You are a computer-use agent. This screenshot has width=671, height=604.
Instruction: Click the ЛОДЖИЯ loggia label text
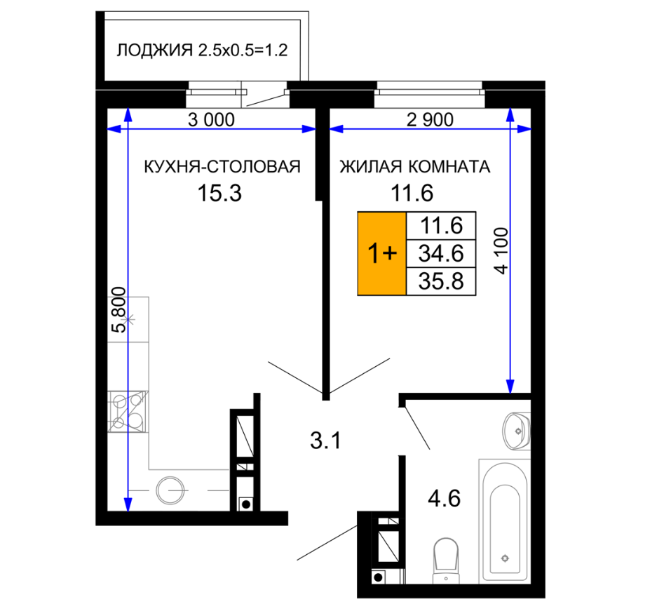[x=154, y=50]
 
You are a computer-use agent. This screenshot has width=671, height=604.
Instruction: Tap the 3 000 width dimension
[x=212, y=120]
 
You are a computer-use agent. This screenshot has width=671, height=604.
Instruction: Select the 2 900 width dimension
[x=430, y=120]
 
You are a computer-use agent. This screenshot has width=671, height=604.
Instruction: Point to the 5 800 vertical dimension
[x=119, y=310]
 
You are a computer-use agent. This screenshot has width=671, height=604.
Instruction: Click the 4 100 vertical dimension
[x=501, y=251]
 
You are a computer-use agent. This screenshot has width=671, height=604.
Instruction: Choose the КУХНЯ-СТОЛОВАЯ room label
[x=222, y=166]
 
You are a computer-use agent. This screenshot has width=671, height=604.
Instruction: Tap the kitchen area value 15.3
[x=219, y=193]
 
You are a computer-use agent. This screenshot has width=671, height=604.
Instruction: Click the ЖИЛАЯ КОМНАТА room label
[x=414, y=166]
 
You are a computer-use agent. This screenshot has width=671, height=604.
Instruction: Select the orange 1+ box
[x=381, y=253]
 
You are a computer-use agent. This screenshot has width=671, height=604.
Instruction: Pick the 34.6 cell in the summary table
[x=441, y=253]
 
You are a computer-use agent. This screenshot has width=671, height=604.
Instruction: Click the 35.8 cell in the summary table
[x=441, y=282]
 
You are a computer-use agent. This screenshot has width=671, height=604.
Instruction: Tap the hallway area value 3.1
[x=325, y=441]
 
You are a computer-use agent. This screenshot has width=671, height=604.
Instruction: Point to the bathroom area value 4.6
[x=445, y=499]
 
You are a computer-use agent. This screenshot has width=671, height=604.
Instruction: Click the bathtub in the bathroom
[x=505, y=522]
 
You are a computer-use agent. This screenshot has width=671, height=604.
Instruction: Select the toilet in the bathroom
[x=447, y=561]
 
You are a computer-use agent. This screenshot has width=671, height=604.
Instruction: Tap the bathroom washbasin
[x=517, y=431]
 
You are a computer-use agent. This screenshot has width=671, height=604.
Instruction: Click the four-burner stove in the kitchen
[x=128, y=411]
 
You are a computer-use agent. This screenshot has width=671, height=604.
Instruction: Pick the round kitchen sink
[x=170, y=490]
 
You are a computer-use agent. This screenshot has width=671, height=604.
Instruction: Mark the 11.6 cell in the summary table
[x=441, y=226]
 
